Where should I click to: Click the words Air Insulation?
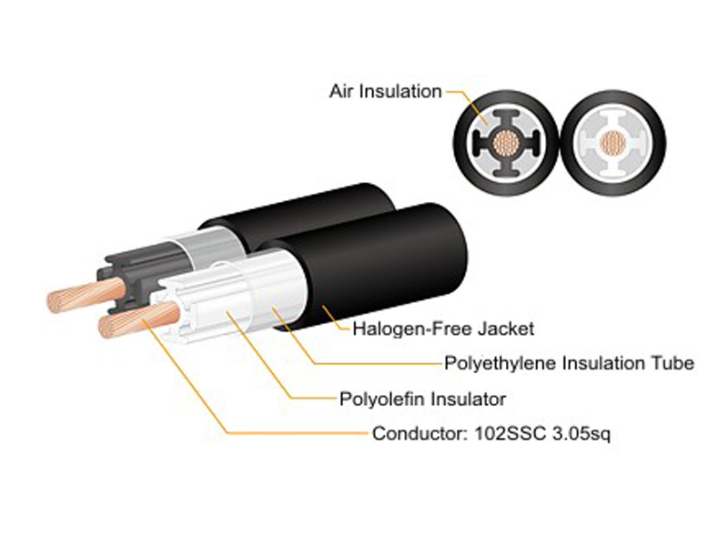[385, 92]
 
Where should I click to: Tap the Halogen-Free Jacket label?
[443, 329]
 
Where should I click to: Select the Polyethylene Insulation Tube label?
[570, 363]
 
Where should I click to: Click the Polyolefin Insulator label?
[422, 399]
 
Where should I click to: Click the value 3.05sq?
[581, 434]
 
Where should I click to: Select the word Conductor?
[420, 434]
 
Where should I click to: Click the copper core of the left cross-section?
[506, 143]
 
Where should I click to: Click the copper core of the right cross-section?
[612, 143]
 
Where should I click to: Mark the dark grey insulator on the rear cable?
[139, 274]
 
